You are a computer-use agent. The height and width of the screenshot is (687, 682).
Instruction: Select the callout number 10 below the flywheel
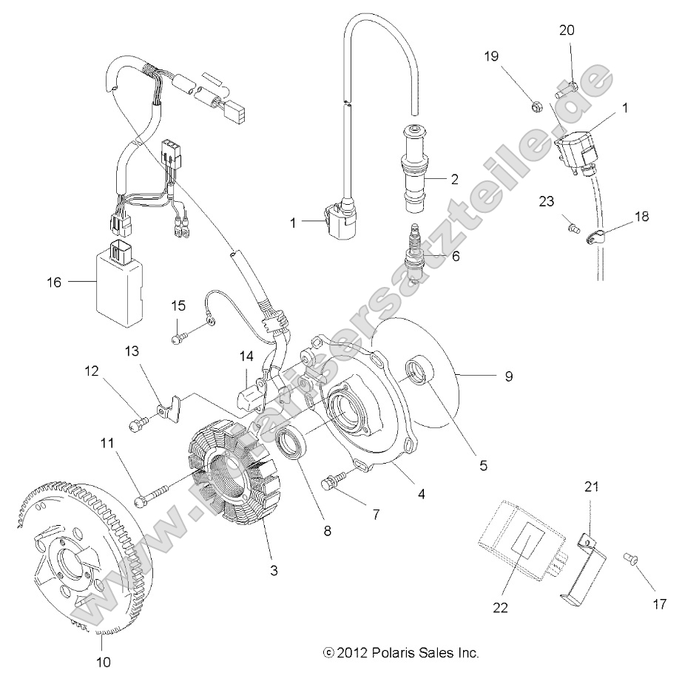[x=104, y=663]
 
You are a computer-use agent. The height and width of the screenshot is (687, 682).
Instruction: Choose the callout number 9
[x=508, y=376]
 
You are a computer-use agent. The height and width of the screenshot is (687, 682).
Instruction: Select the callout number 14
[x=246, y=356]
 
